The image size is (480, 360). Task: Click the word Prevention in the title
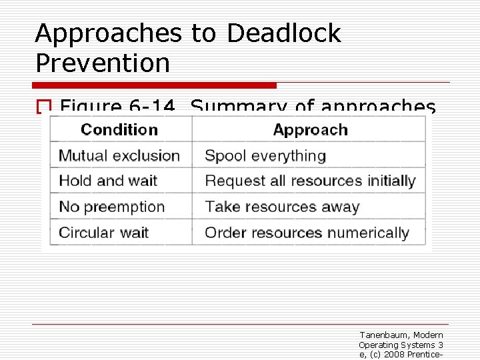(x=103, y=63)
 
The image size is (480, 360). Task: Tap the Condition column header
(x=119, y=129)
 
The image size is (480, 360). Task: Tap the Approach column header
(x=310, y=129)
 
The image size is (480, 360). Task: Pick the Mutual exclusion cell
(x=119, y=156)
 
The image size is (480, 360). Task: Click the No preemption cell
(x=111, y=207)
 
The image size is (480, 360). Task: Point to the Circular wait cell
(x=103, y=233)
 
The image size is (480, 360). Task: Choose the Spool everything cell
(x=265, y=156)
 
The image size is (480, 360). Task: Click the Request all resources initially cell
(x=310, y=181)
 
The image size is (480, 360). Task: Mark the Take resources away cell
(x=282, y=207)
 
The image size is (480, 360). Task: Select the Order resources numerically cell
(x=307, y=233)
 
